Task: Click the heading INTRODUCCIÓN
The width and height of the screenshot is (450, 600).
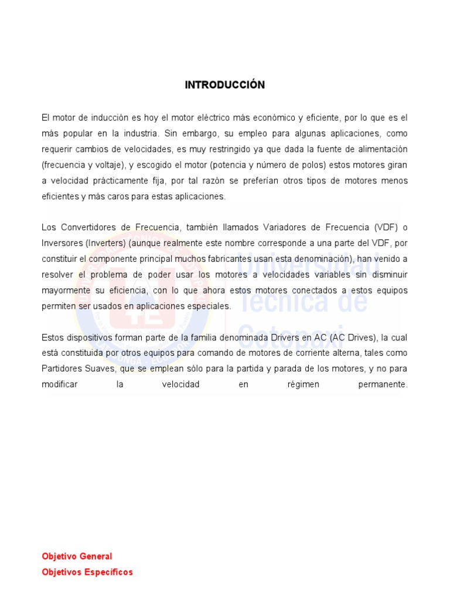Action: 224,85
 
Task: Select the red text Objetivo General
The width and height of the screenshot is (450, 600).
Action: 77,556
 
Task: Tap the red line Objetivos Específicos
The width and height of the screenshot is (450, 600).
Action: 87,572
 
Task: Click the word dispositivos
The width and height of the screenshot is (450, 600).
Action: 90,337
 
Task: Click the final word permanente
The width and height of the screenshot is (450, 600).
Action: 381,385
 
